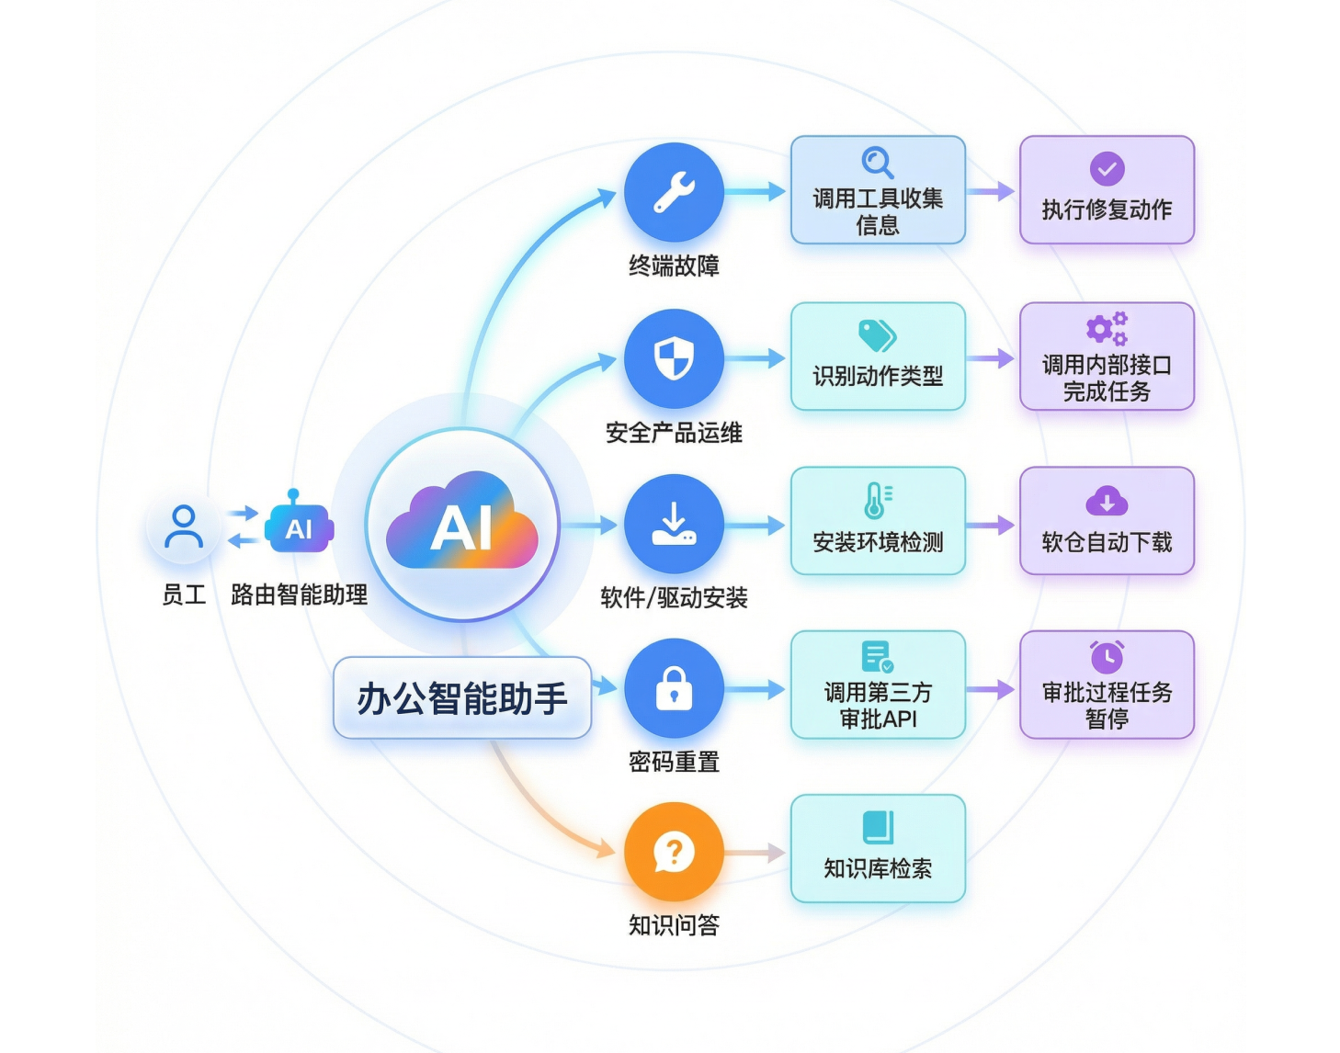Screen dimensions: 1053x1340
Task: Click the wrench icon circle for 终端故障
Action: coord(674,192)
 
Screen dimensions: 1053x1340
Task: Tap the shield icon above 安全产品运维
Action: coord(674,358)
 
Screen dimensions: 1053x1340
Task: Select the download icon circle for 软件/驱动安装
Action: coord(674,524)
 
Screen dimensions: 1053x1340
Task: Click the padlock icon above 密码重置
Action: coord(674,688)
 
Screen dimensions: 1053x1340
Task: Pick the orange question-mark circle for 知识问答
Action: coord(674,852)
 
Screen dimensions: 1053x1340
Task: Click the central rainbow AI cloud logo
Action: coord(462,525)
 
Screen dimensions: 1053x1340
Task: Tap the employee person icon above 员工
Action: coord(184,526)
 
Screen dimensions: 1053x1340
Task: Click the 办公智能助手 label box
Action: coord(462,698)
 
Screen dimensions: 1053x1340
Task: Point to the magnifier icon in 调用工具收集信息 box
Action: coord(878,163)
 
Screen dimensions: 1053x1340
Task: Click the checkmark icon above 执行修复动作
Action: coord(1107,169)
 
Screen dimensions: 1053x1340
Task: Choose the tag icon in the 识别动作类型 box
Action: coord(877,335)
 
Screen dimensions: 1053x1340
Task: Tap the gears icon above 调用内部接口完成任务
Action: coord(1107,328)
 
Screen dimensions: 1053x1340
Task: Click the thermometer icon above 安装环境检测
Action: coord(877,501)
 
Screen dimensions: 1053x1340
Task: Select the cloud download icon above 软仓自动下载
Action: coord(1107,502)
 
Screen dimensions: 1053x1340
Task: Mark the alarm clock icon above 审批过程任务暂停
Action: coord(1107,656)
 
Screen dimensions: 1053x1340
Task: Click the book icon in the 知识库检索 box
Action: coord(878,827)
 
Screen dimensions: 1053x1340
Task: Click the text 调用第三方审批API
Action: coord(878,706)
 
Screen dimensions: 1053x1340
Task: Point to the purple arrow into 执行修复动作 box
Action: coord(992,191)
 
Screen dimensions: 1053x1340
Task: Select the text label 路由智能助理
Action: coord(299,594)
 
